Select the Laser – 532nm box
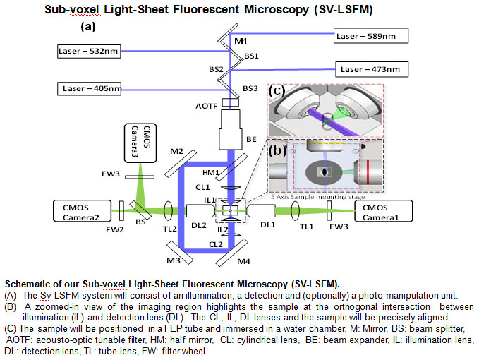click(x=89, y=51)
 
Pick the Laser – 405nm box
click(x=89, y=89)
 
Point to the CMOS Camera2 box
click(x=83, y=210)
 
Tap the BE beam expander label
click(x=251, y=141)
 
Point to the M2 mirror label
click(x=177, y=152)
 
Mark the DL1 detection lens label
click(x=268, y=224)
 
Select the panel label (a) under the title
click(x=88, y=27)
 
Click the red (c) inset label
click(x=276, y=90)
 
